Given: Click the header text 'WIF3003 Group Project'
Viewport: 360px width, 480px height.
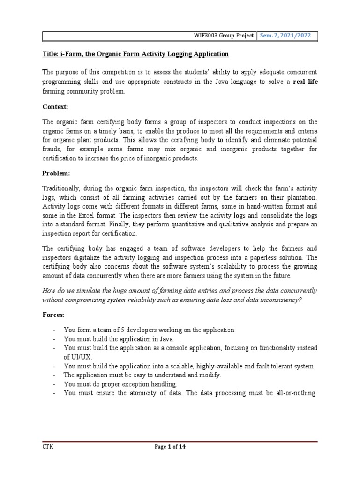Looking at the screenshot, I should point(224,36).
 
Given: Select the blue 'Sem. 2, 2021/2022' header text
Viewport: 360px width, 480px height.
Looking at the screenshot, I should point(287,36).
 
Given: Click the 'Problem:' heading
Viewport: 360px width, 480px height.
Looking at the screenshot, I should point(56,173).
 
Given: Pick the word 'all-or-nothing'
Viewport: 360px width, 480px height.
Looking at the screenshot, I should point(295,393).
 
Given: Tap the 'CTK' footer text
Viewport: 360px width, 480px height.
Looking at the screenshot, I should point(48,447).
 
